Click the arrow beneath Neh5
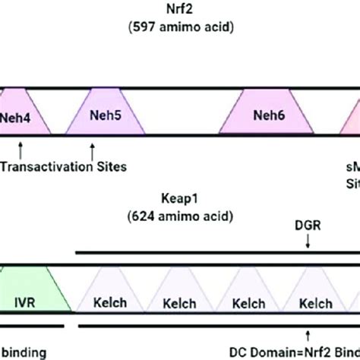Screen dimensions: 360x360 93,147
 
